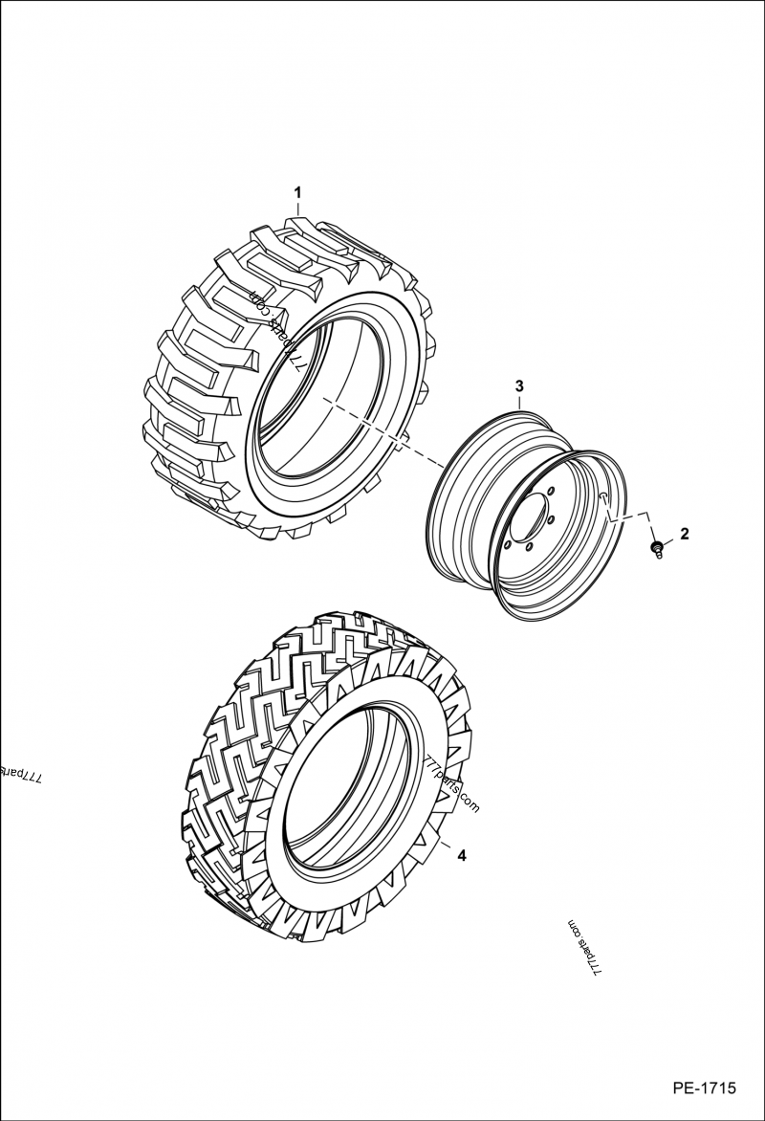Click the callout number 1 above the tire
[297, 192]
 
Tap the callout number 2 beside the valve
[683, 532]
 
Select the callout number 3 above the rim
[519, 385]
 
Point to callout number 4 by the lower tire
[461, 856]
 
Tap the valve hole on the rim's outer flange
[602, 496]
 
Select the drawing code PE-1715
[704, 1088]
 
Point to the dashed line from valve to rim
[631, 514]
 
